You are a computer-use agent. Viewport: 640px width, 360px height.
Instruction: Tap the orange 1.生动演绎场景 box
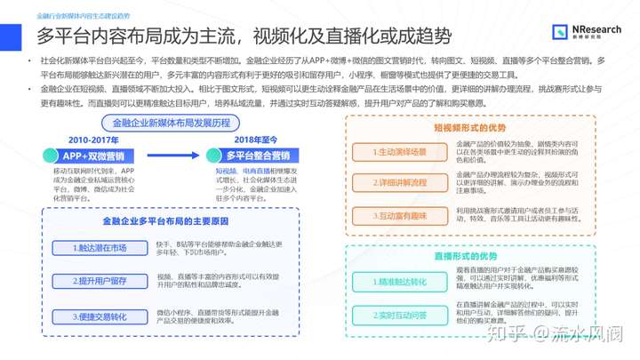point(399,152)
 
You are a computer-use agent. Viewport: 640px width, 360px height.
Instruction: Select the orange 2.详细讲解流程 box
point(399,182)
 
